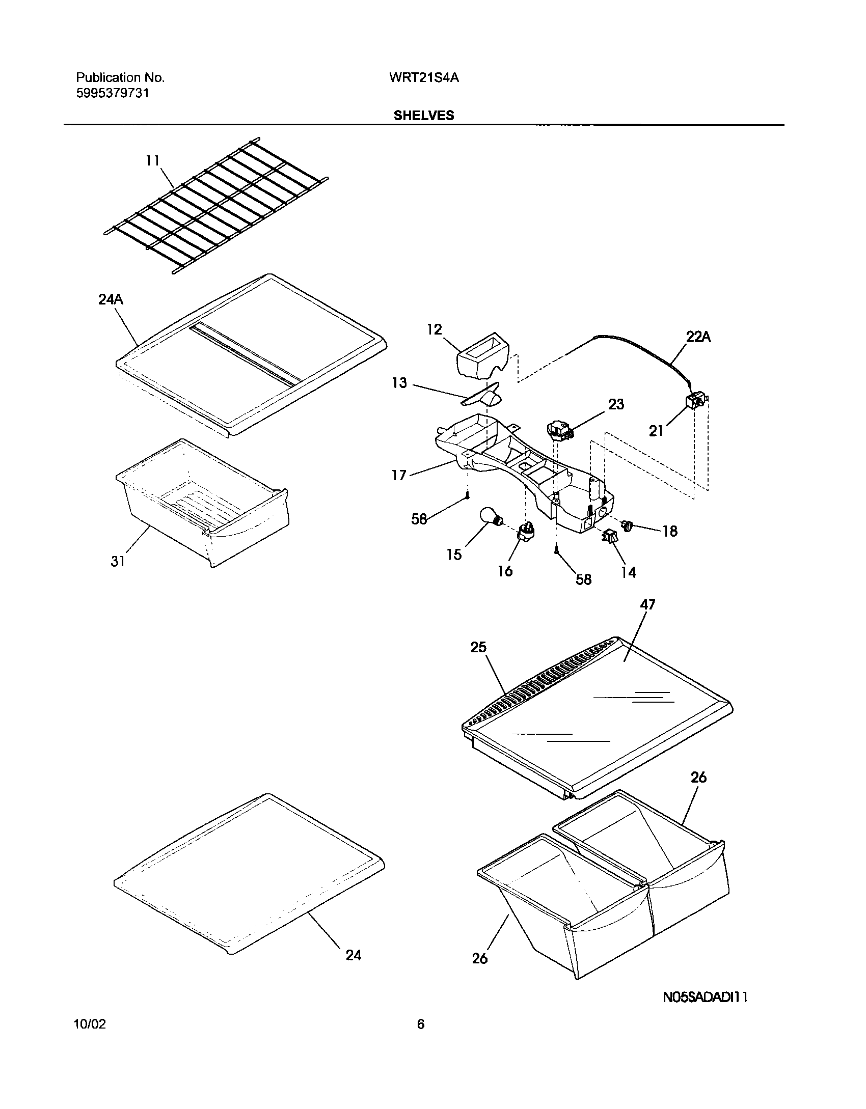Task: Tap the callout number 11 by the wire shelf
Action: tap(152, 161)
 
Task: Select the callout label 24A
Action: tap(111, 300)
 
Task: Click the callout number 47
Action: tap(647, 604)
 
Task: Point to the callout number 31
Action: tap(118, 561)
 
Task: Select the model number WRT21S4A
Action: tap(424, 78)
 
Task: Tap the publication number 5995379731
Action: tap(113, 94)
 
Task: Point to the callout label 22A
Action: tap(698, 337)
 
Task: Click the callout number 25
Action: tap(478, 647)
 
